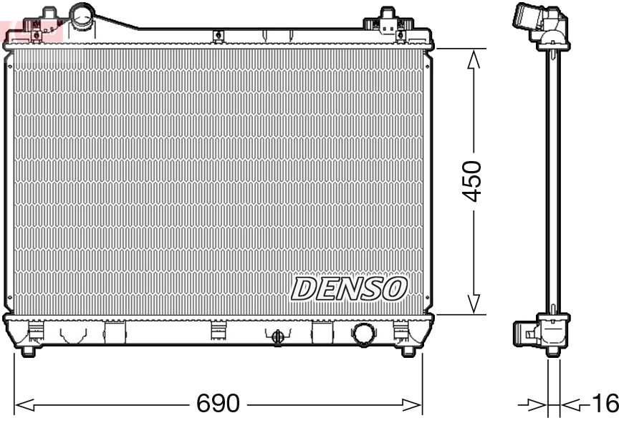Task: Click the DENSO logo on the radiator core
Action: coord(349,288)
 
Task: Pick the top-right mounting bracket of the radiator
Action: coord(388,21)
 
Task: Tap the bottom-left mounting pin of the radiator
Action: coord(27,350)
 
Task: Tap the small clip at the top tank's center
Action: coord(218,35)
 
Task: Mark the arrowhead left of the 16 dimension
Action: coord(538,406)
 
